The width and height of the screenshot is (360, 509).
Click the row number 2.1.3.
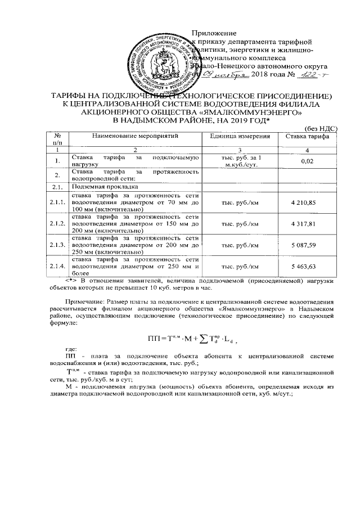click(x=57, y=245)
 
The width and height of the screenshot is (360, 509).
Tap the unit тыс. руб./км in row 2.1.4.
click(x=240, y=267)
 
